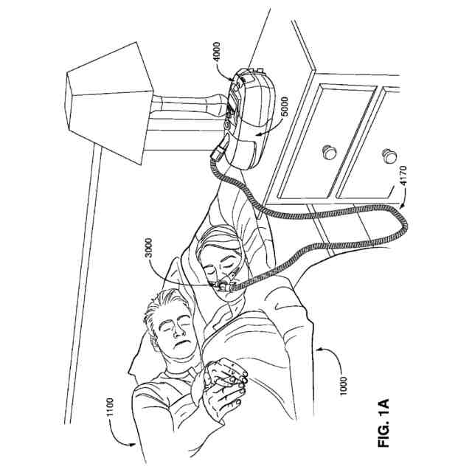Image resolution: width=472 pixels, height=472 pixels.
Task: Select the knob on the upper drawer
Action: (x=325, y=153)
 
